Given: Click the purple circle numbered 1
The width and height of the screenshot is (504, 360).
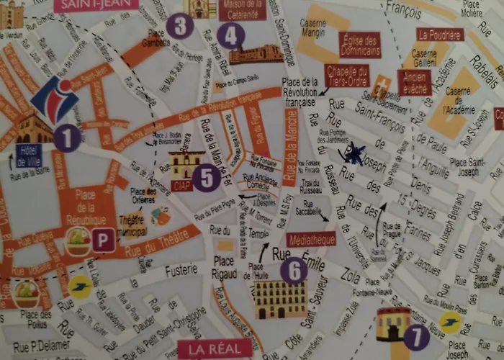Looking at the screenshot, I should [x=67, y=138].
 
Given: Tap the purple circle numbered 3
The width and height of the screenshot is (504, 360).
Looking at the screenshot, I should [x=179, y=27].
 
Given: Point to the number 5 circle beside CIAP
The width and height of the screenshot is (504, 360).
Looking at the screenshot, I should [x=207, y=177].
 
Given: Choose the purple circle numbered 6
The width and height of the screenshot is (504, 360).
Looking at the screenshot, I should [x=294, y=270].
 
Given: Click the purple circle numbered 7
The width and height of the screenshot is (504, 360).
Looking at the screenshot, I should [x=416, y=336].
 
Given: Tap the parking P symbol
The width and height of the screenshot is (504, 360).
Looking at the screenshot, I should [x=104, y=240].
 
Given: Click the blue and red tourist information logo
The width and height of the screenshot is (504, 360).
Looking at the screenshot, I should [x=55, y=99].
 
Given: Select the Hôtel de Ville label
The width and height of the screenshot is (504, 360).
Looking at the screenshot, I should [x=28, y=156].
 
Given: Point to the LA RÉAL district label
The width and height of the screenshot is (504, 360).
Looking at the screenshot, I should [x=215, y=349].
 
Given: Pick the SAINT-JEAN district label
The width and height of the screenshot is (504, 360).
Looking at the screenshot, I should [x=95, y=4].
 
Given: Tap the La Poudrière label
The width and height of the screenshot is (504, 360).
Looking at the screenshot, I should [x=439, y=35].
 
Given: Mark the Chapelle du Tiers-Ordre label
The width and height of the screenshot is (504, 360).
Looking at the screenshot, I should [x=347, y=75].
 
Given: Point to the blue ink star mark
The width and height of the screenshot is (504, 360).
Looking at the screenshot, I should [x=354, y=153].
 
